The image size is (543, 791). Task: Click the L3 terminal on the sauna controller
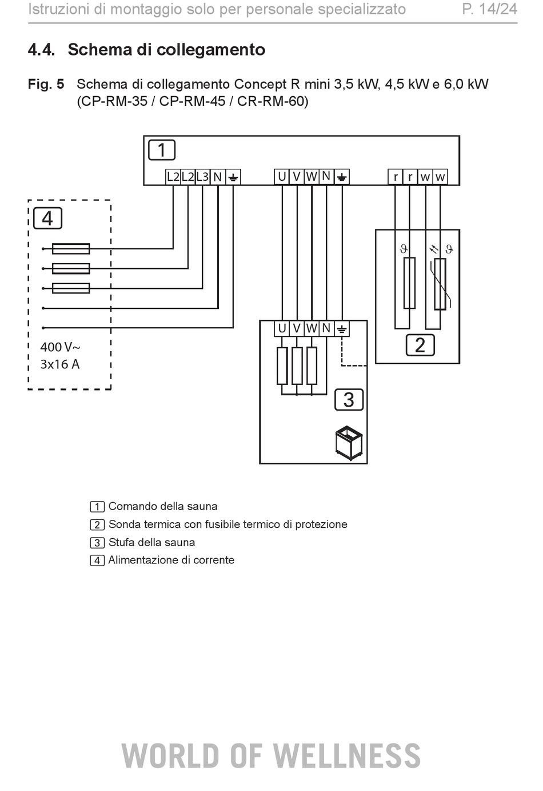(202, 177)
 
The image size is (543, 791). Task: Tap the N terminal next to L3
(218, 177)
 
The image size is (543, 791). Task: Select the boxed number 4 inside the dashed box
(47, 218)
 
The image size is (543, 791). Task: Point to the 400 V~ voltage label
(61, 347)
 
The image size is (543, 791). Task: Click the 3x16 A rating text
(60, 364)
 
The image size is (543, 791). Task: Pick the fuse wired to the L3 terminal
(71, 288)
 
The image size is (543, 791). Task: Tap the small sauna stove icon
(349, 443)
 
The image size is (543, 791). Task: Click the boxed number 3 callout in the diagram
(349, 399)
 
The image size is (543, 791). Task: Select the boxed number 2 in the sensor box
(420, 345)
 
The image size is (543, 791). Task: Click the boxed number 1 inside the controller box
(162, 150)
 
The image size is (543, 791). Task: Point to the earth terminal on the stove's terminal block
(342, 329)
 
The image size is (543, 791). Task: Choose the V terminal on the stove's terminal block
(297, 329)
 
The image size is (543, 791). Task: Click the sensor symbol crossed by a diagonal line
(440, 284)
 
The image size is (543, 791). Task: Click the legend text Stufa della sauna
(151, 542)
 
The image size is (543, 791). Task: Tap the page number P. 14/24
(489, 9)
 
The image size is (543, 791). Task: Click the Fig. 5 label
(46, 84)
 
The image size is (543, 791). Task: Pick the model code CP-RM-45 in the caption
(192, 101)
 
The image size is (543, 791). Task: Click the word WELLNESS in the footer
(347, 756)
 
